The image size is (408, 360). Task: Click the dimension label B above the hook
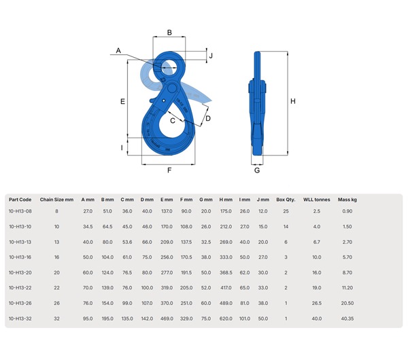click(x=169, y=32)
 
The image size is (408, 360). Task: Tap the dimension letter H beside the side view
click(x=293, y=102)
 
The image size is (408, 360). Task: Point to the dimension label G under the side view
click(x=256, y=170)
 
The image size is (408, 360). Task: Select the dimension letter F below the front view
click(x=169, y=170)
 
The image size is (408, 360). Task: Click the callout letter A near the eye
click(x=118, y=50)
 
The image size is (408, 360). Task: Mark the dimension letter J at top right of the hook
click(x=211, y=56)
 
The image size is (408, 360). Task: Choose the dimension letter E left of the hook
click(x=122, y=101)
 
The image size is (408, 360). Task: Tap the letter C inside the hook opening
click(x=173, y=120)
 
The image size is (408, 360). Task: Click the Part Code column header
click(x=20, y=200)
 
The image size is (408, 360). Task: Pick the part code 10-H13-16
click(x=20, y=256)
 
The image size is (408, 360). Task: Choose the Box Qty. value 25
click(x=286, y=212)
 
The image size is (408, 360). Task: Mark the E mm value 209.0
click(x=167, y=241)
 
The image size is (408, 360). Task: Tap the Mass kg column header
click(x=347, y=200)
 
